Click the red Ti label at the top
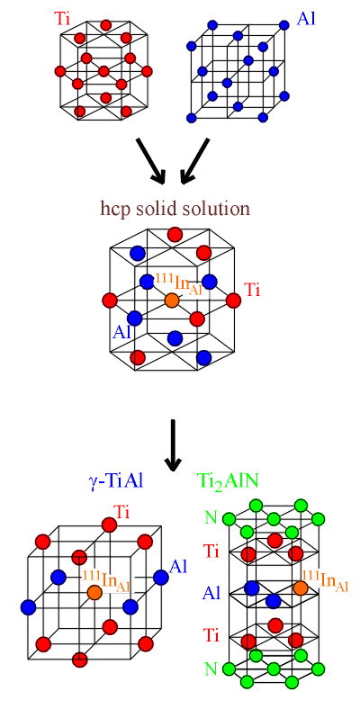63,18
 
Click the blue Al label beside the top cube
306,19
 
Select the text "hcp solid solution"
175,209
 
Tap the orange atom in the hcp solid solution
172,301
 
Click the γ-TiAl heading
115,480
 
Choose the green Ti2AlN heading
229,481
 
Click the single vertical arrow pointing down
173,444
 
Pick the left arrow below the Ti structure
149,161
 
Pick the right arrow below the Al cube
195,161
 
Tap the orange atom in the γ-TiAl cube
94,592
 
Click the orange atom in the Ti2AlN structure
300,588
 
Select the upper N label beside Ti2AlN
211,518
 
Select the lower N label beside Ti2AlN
211,669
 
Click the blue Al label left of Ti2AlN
211,593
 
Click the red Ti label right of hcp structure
253,290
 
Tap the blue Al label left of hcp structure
121,332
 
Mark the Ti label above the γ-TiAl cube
121,511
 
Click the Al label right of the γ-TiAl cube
178,568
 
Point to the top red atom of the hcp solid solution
175,235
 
